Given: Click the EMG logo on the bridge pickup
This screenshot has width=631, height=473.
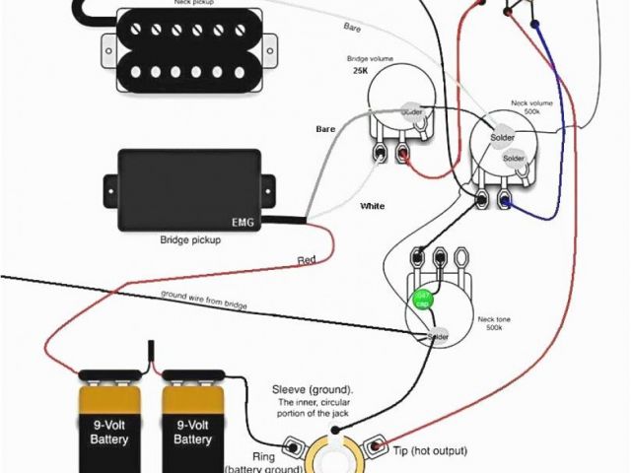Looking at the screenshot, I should point(243,222).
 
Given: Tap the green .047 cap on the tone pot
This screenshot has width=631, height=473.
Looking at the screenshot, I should point(422,299).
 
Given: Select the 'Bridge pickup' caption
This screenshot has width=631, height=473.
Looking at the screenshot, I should point(189,239).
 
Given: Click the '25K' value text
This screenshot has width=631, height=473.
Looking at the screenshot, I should point(360,72).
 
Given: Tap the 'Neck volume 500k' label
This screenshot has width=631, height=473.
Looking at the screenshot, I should point(528,107).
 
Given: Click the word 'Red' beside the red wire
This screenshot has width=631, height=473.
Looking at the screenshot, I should point(307,260).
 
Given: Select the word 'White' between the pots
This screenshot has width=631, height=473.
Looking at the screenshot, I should point(373,206).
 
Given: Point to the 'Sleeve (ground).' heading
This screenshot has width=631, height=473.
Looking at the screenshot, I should point(313,390).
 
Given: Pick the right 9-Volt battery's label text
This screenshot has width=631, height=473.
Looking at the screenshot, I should point(193,432).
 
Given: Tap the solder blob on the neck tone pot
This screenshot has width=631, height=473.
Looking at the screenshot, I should point(438,337).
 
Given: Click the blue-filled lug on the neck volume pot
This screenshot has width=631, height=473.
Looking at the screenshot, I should point(506,202).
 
